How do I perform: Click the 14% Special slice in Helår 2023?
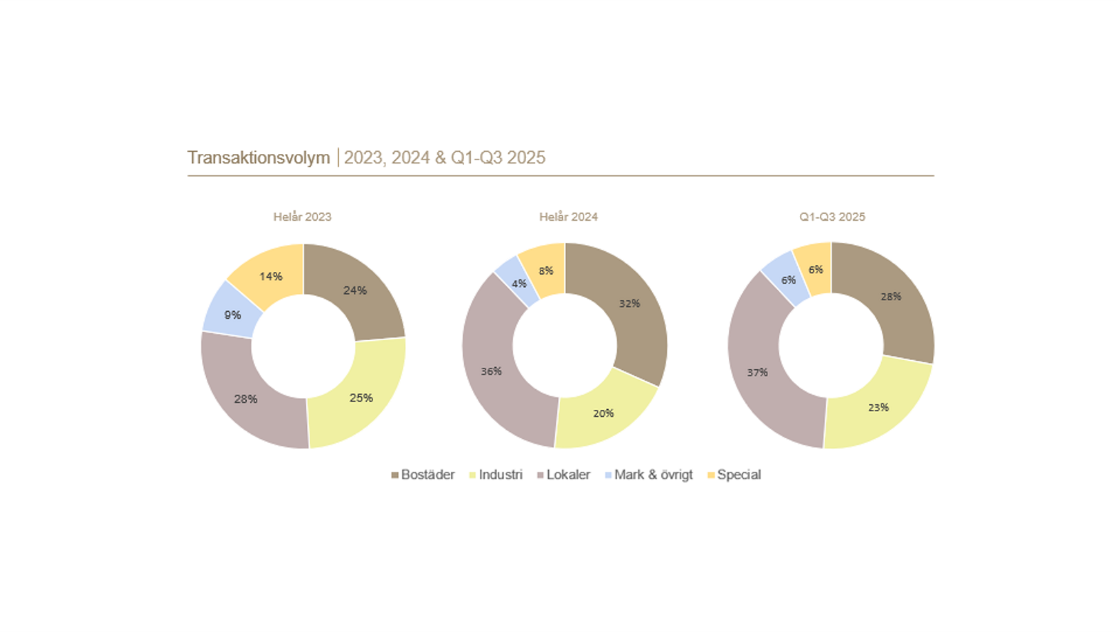pyautogui.click(x=270, y=276)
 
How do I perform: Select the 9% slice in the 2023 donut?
pyautogui.click(x=232, y=315)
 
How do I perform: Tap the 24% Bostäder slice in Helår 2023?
pyautogui.click(x=354, y=290)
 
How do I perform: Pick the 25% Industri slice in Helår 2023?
pyautogui.click(x=361, y=398)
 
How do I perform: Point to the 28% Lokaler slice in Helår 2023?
pyautogui.click(x=245, y=399)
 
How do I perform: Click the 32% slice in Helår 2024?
pyautogui.click(x=629, y=304)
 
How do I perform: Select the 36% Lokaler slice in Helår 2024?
pyautogui.click(x=491, y=371)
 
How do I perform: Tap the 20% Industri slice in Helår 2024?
pyautogui.click(x=603, y=413)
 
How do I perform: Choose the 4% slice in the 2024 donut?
pyautogui.click(x=519, y=284)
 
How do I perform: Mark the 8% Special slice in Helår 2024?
pyautogui.click(x=545, y=270)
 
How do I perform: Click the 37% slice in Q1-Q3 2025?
pyautogui.click(x=757, y=373)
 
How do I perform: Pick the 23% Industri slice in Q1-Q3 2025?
pyautogui.click(x=878, y=408)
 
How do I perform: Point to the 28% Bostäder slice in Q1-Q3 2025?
pyautogui.click(x=890, y=297)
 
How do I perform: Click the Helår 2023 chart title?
pyautogui.click(x=302, y=217)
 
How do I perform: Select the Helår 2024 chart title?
pyautogui.click(x=568, y=217)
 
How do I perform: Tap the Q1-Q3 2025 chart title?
pyautogui.click(x=832, y=217)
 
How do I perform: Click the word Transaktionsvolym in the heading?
pyautogui.click(x=259, y=158)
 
